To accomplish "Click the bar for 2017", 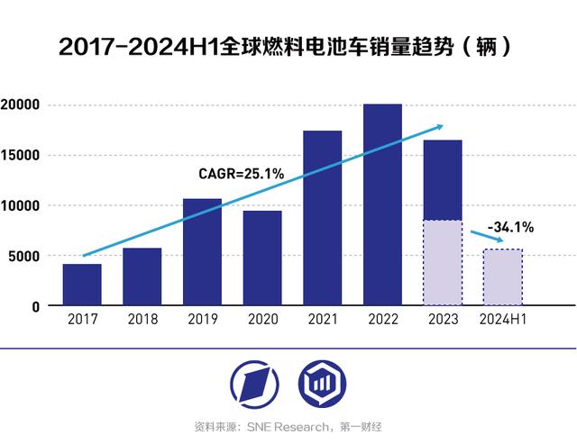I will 82,285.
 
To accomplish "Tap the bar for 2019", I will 202,252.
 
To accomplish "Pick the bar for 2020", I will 262,258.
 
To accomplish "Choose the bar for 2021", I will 322,218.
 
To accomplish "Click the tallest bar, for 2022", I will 382,205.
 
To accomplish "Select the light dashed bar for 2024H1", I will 502,277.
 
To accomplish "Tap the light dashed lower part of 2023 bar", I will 443,263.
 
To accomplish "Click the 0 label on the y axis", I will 36,306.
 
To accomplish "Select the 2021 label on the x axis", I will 322,319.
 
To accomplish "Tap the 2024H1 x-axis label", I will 502,319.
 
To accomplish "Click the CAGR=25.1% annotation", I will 242,173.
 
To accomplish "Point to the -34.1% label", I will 510,228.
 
